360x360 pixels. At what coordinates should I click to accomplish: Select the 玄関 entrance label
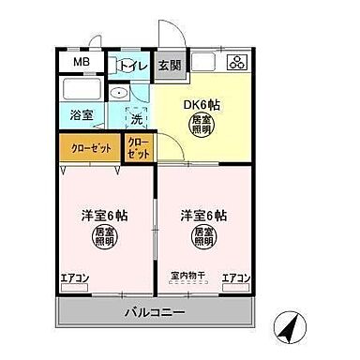169,65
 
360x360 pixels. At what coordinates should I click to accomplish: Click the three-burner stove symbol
235,63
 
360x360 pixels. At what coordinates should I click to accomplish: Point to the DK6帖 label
201,105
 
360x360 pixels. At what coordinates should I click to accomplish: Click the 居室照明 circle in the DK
201,126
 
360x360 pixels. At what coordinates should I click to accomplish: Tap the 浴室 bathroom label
81,115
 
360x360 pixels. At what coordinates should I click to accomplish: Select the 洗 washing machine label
136,120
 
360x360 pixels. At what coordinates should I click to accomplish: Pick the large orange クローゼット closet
91,148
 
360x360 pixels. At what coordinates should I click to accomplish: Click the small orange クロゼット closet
137,148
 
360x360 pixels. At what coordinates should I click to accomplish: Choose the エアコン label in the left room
74,277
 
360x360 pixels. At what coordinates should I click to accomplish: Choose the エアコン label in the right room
235,277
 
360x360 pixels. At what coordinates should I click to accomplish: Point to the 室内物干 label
187,277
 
